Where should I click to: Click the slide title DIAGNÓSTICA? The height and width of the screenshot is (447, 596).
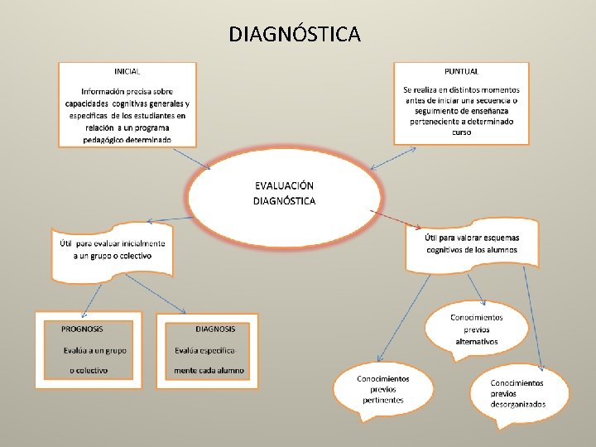coord(295,34)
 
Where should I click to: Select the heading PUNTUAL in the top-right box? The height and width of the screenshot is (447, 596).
coord(461,71)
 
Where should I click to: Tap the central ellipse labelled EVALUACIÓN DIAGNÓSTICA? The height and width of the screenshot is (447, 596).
coord(284,194)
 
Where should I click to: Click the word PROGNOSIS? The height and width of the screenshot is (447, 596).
coord(82,329)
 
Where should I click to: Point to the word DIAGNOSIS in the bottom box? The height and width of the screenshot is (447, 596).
coord(215,329)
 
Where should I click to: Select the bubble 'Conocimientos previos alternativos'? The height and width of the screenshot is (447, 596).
coord(476,329)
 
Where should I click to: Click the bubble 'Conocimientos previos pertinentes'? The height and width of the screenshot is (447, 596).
coord(382,389)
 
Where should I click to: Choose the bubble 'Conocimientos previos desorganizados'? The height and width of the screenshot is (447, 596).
coord(518,393)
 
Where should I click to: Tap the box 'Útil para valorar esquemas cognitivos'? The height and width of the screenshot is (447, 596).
coord(472,243)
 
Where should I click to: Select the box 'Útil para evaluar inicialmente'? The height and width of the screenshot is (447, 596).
coord(113,249)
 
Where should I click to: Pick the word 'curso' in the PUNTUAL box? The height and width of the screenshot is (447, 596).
coord(461,132)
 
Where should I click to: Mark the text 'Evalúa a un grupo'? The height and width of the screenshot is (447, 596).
coord(95,350)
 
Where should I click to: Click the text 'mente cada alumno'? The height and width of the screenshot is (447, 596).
coord(209,370)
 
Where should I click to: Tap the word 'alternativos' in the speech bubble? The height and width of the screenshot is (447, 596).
coord(476,341)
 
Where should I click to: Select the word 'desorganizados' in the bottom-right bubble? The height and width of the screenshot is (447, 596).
coord(518,405)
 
